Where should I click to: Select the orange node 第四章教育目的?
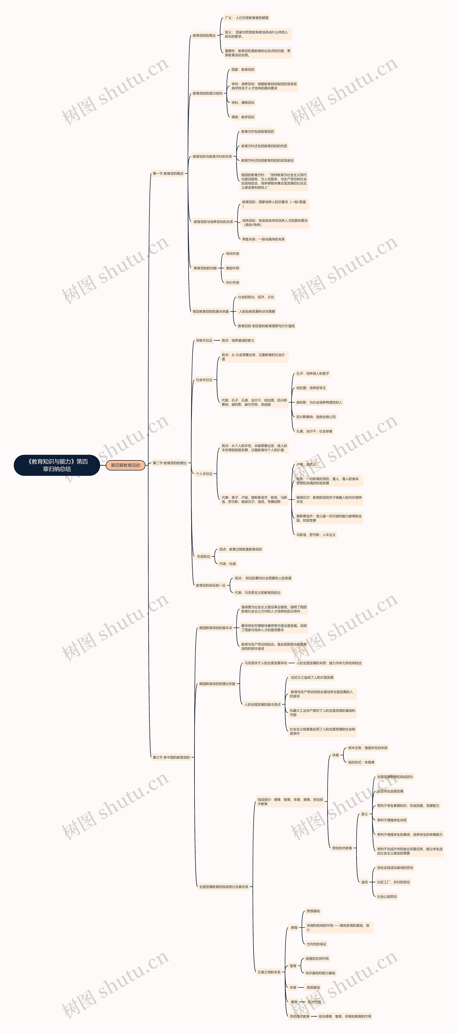[x=125, y=465]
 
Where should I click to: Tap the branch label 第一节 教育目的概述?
[x=168, y=173]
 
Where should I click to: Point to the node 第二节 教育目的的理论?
[x=170, y=463]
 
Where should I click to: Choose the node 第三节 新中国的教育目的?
[x=171, y=757]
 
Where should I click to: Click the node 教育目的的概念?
[x=204, y=35]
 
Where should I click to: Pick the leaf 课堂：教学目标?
[x=243, y=117]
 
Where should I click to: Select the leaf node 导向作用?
[x=232, y=254]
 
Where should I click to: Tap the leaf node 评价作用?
[x=232, y=283]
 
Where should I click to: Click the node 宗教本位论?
[x=204, y=340]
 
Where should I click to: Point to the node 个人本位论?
[x=204, y=474]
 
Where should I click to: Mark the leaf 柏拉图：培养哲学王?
[x=311, y=388]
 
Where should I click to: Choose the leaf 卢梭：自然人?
[x=306, y=464]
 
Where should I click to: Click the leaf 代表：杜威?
[x=227, y=564]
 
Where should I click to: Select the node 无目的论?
[x=203, y=556]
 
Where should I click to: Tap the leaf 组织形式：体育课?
[x=361, y=762]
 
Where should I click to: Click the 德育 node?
[x=294, y=928]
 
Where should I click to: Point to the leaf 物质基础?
[x=313, y=987]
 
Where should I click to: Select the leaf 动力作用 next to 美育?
[x=314, y=1002]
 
